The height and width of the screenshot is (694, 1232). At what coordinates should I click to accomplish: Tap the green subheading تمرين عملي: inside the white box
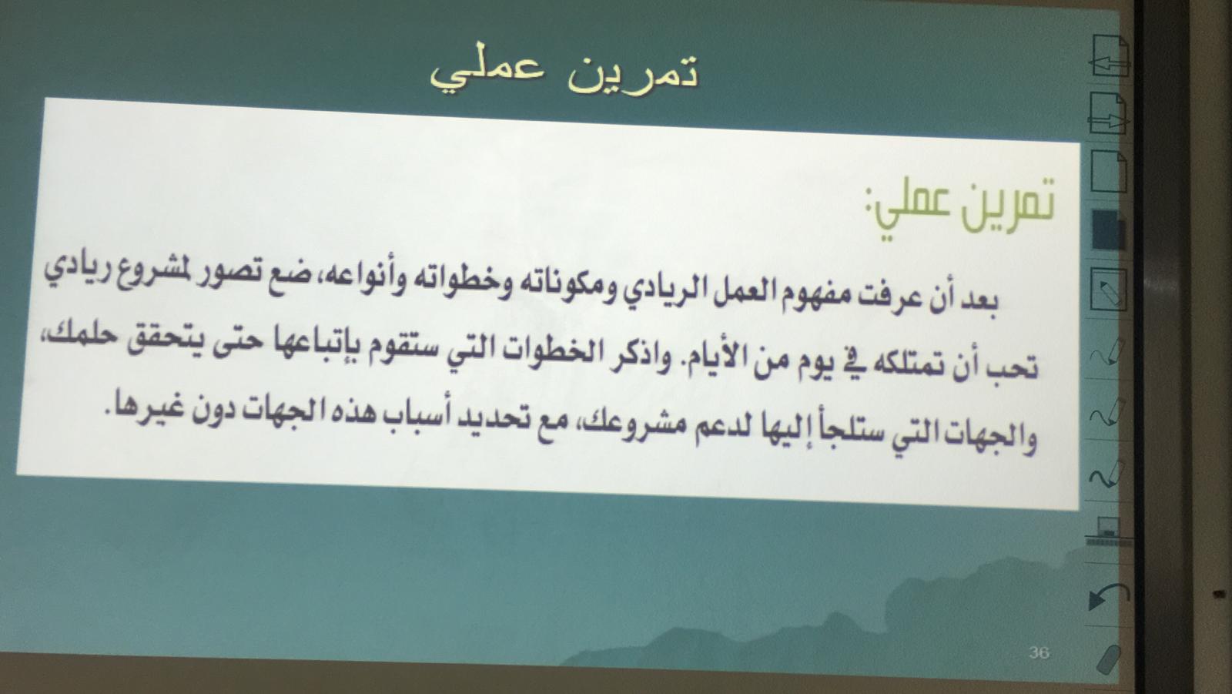pyautogui.click(x=959, y=210)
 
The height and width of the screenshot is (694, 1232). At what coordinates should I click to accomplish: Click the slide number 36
pyautogui.click(x=1039, y=652)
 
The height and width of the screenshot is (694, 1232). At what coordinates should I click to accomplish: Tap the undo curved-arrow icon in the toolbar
pyautogui.click(x=1108, y=597)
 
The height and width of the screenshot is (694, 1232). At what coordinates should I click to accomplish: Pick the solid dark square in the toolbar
pyautogui.click(x=1108, y=230)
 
